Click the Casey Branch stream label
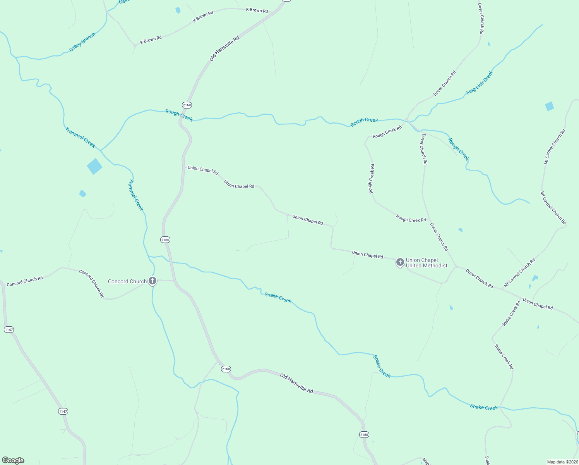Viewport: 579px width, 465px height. pos(82,43)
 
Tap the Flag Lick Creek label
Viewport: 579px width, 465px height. pos(480,83)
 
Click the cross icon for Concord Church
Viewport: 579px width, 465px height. pos(152,281)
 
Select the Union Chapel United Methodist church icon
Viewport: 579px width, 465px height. pos(400,262)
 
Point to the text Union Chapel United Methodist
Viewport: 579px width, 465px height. pos(427,263)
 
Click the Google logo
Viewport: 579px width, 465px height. pos(13,460)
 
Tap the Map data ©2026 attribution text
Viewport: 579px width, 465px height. pos(562,462)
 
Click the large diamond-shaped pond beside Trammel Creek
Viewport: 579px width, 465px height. pos(94,166)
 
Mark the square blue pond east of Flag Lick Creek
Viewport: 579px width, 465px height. pos(549,106)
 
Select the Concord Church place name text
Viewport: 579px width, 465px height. pos(127,282)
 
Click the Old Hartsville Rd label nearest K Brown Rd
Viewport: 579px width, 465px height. pos(224,48)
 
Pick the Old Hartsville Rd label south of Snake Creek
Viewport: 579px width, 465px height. pos(296,383)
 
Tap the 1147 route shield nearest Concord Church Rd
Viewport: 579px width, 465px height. pos(9,330)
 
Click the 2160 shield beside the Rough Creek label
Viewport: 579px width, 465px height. pos(187,105)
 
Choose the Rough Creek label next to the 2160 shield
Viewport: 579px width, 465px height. pos(179,115)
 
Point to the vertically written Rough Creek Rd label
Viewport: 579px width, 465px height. pos(371,179)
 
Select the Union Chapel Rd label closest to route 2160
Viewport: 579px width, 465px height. pos(203,170)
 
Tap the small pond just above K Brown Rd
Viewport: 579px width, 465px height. pos(178,10)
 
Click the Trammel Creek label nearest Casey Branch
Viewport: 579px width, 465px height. pos(80,137)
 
